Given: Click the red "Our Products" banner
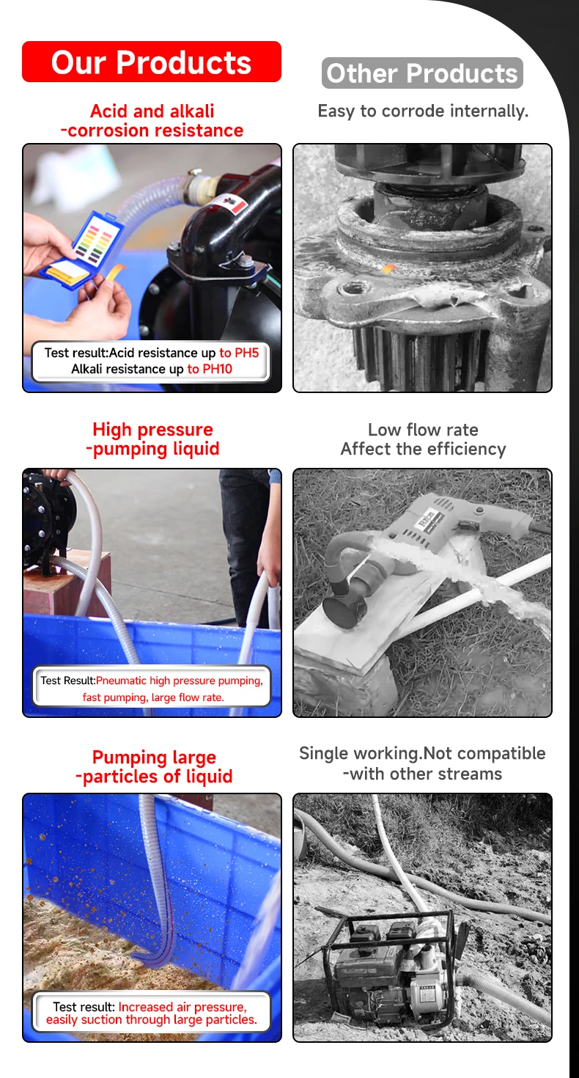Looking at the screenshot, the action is (152, 62).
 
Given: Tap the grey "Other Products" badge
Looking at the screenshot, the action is (422, 73).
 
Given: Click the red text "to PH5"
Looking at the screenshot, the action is (239, 353).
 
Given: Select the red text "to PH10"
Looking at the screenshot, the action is (210, 369).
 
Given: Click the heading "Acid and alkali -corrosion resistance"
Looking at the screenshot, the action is (152, 121).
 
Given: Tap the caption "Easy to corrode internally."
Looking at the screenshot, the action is (423, 111).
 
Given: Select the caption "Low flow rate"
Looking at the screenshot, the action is (423, 429).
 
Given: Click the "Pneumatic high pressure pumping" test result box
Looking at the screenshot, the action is (152, 686).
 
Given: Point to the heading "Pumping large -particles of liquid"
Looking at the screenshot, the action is (154, 766).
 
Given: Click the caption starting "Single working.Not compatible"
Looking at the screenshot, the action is (422, 763).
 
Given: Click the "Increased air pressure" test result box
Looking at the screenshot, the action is (152, 1013).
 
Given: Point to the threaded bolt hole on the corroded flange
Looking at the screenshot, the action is (350, 289).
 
